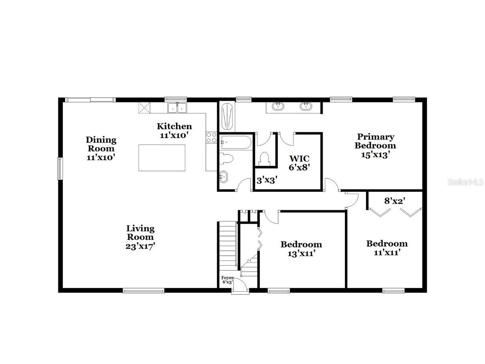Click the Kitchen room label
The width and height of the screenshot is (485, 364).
(x=174, y=126)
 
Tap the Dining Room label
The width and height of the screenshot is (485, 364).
(x=101, y=140)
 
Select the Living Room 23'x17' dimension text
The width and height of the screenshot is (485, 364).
(x=140, y=246)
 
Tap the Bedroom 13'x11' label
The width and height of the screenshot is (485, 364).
(x=301, y=244)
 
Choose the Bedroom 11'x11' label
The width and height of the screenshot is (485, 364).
(x=387, y=243)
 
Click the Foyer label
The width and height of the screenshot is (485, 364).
(x=227, y=278)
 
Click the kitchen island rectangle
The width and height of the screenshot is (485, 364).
(x=162, y=158)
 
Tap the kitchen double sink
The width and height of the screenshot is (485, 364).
(x=177, y=108)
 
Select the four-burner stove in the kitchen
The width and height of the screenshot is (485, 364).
(x=211, y=137)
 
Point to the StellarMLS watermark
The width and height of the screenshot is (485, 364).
(x=465, y=182)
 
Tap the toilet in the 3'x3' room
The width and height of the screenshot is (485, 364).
(x=264, y=158)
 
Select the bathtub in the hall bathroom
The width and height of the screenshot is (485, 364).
(x=235, y=142)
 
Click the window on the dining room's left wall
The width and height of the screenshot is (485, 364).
(x=60, y=169)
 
